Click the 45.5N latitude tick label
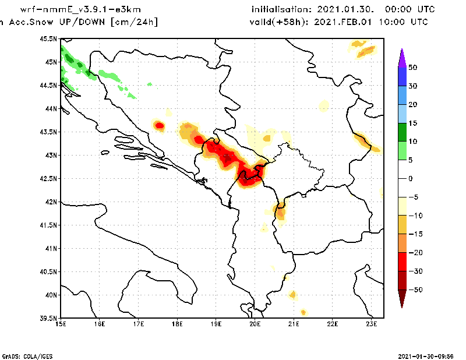point(48,39)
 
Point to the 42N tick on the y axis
point(50,202)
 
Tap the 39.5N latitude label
point(48,319)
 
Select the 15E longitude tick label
point(60,324)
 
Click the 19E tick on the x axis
point(216,324)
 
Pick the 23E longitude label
point(372,324)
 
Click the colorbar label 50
point(412,68)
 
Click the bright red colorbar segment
point(401,262)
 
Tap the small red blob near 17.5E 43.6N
point(159,125)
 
